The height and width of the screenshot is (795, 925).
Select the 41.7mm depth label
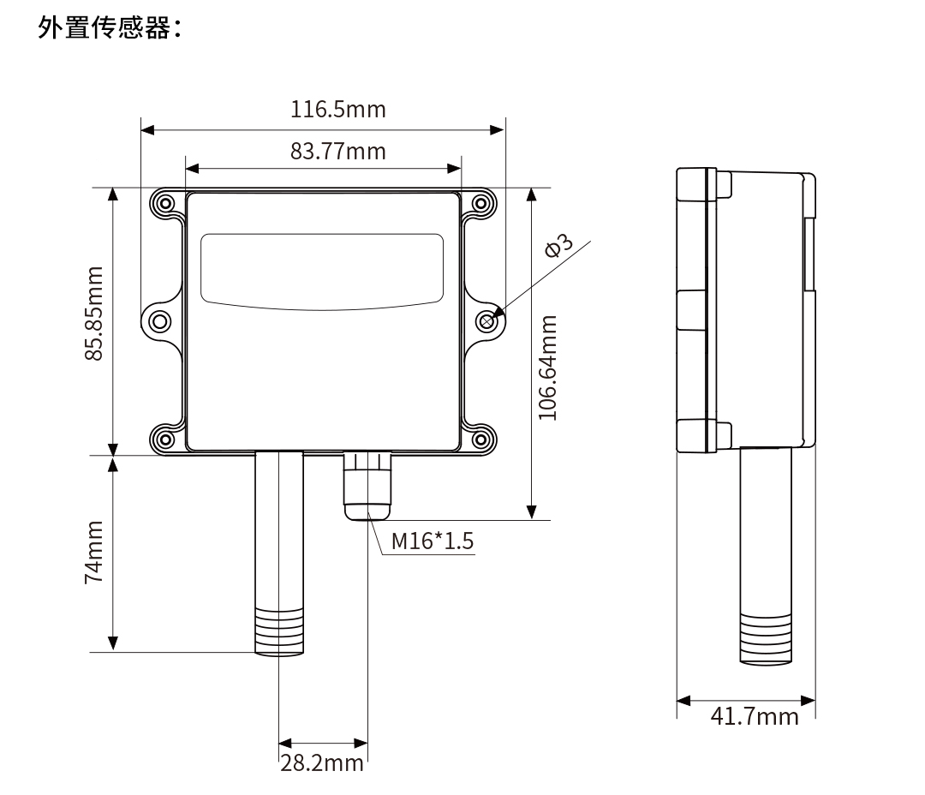coord(755,716)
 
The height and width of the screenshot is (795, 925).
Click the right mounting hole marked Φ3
coord(487,321)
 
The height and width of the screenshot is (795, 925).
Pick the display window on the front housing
coord(323,268)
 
